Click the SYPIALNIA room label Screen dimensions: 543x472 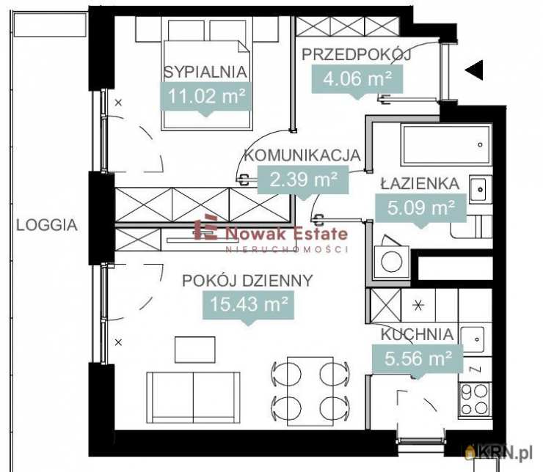pyautogui.click(x=205, y=72)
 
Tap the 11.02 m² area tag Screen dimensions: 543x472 pyautogui.click(x=206, y=96)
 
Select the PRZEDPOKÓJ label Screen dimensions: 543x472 pyautogui.click(x=357, y=55)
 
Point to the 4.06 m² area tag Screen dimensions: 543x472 pyautogui.click(x=357, y=79)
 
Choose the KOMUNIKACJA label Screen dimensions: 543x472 pyautogui.click(x=302, y=155)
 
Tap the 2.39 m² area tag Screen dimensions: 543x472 pyautogui.click(x=303, y=180)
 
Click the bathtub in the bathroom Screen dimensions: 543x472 pyautogui.click(x=446, y=144)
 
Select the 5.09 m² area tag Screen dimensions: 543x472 pyautogui.click(x=420, y=208)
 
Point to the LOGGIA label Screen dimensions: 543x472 pyautogui.click(x=47, y=226)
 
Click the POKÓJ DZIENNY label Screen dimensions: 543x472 pyautogui.click(x=247, y=281)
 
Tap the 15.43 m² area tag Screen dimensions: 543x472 pyautogui.click(x=248, y=305)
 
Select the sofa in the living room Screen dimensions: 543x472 pyautogui.click(x=193, y=398)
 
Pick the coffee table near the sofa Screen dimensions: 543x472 pyautogui.click(x=195, y=350)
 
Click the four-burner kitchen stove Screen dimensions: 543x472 pyautogui.click(x=475, y=399)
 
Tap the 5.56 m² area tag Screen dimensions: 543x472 pyautogui.click(x=418, y=358)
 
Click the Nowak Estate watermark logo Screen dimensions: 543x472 pyautogui.click(x=271, y=234)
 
